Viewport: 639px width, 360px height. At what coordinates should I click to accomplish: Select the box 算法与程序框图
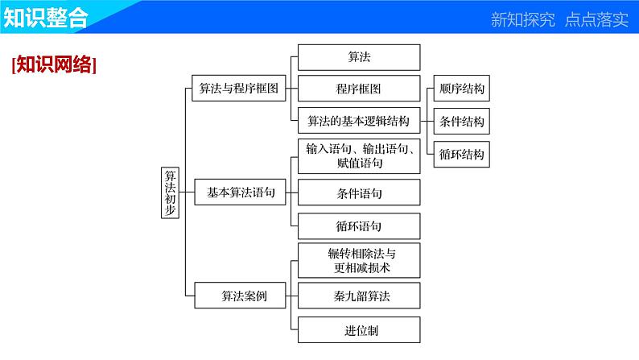tap(237, 89)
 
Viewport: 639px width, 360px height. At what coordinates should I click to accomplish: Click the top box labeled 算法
tap(359, 57)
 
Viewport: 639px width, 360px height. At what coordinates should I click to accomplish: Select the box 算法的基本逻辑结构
tap(359, 122)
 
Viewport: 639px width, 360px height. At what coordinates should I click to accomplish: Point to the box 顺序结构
tap(462, 89)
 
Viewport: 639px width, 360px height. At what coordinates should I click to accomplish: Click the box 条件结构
tap(462, 122)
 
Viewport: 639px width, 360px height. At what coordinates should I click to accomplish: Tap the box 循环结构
tap(462, 154)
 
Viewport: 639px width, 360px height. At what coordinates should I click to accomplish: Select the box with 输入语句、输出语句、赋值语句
tap(359, 155)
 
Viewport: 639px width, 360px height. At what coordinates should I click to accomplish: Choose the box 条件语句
tap(359, 193)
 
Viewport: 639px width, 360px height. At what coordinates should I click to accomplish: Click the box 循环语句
tap(359, 226)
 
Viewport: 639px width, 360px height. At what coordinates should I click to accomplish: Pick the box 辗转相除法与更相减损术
tap(359, 260)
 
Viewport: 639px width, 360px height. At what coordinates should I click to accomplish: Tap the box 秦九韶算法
tap(359, 296)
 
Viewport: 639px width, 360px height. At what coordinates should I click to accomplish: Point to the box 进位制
tap(359, 329)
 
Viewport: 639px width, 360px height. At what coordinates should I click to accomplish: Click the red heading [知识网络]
tap(55, 65)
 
